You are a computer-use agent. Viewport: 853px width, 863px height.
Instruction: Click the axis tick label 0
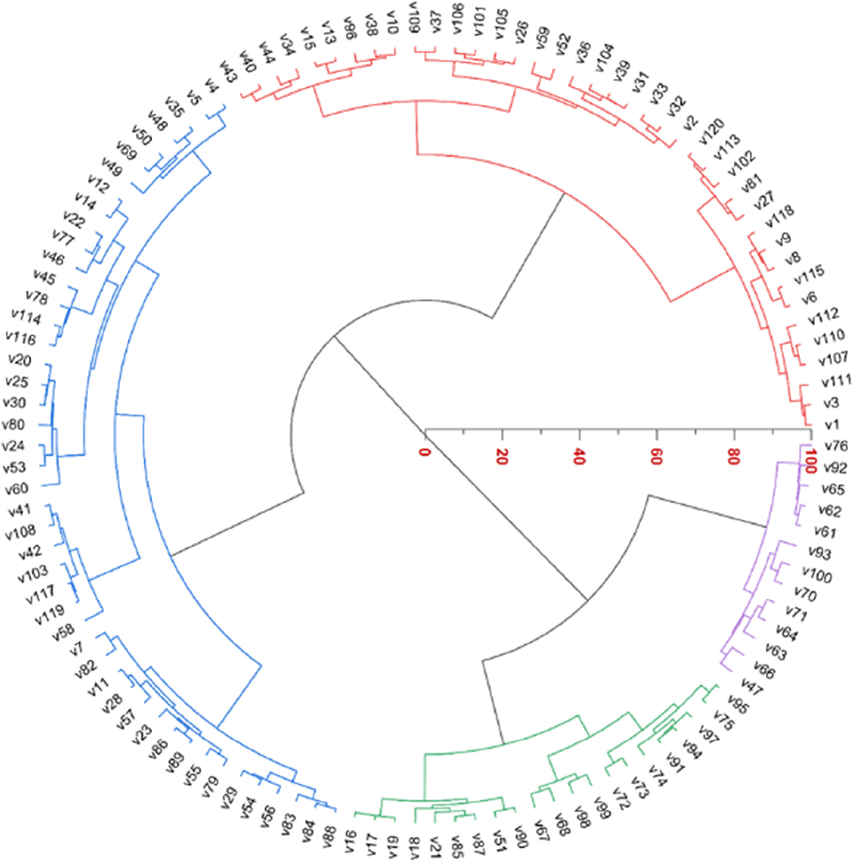pos(425,452)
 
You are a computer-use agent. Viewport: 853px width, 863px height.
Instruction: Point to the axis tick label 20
pos(502,456)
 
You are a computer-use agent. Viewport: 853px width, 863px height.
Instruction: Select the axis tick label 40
pos(579,456)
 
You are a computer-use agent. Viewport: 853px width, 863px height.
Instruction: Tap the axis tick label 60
pos(656,456)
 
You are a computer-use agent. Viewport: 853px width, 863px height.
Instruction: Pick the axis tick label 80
pos(733,456)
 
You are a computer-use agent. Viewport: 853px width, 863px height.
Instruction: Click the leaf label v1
pos(832,425)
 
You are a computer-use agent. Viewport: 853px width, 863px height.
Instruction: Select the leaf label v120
pos(712,131)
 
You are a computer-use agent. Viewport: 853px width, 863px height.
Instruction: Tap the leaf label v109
pos(414,17)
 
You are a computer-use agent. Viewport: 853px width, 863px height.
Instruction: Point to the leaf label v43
pos(228,71)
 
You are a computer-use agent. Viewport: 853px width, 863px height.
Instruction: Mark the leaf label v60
pos(17,489)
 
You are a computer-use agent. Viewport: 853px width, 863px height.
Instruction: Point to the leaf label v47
pos(752,687)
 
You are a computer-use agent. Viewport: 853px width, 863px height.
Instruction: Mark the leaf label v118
pos(779,216)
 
